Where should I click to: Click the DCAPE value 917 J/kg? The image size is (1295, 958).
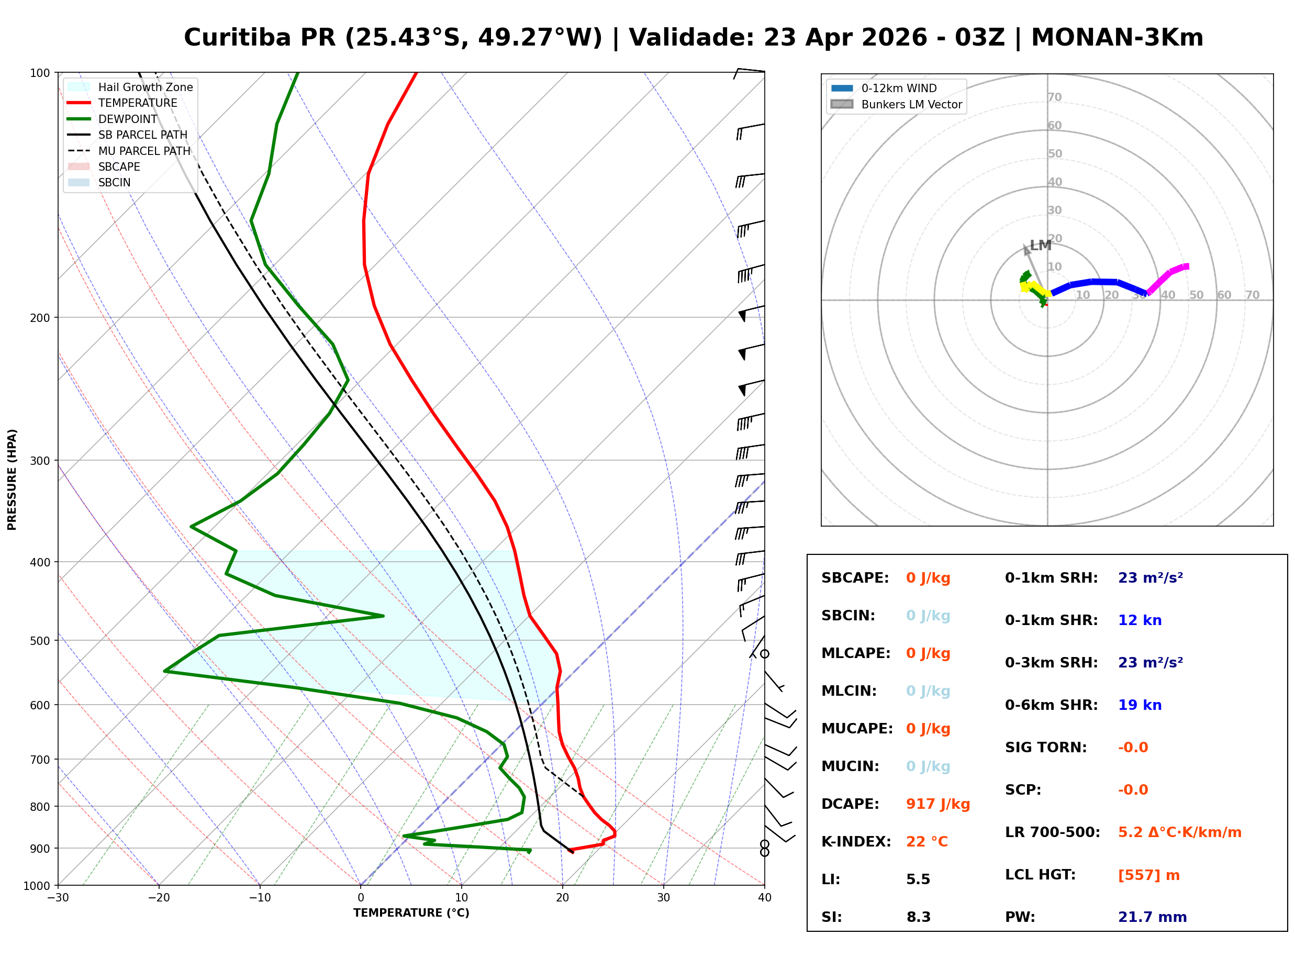pyautogui.click(x=937, y=804)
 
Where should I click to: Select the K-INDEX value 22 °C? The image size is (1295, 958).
pyautogui.click(x=926, y=842)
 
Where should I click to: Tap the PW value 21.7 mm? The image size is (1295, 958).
pyautogui.click(x=1152, y=917)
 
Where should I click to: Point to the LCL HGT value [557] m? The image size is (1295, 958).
pyautogui.click(x=1148, y=875)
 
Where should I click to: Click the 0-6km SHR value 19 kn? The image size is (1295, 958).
pyautogui.click(x=1139, y=705)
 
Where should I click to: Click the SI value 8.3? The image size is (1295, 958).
pyautogui.click(x=918, y=917)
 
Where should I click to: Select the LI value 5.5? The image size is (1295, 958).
pyautogui.click(x=918, y=879)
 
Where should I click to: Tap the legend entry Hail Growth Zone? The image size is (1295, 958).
pyautogui.click(x=145, y=87)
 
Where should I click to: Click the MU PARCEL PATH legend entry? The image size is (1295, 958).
pyautogui.click(x=144, y=151)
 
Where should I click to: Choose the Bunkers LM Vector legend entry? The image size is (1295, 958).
pyautogui.click(x=911, y=104)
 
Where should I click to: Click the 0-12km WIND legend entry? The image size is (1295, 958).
pyautogui.click(x=899, y=88)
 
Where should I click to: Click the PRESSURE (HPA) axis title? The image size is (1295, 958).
pyautogui.click(x=12, y=480)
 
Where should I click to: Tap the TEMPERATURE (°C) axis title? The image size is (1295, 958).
pyautogui.click(x=411, y=913)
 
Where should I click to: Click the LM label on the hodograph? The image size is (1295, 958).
pyautogui.click(x=1041, y=246)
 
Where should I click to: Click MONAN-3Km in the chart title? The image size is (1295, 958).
pyautogui.click(x=1117, y=38)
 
